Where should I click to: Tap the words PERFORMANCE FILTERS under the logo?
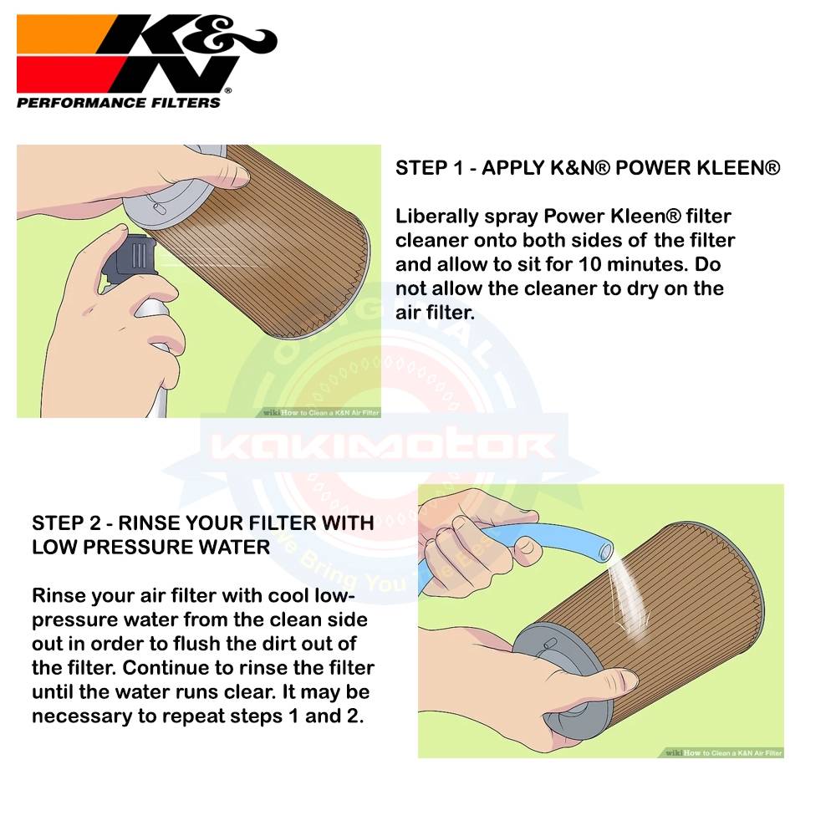pyautogui.click(x=119, y=103)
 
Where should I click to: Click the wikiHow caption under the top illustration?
pyautogui.click(x=321, y=412)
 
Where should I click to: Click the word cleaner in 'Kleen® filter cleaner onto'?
pyautogui.click(x=440, y=242)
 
